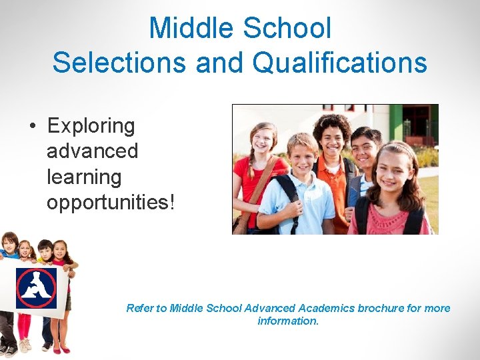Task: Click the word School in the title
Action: (287, 28)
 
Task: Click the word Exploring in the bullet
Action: (91, 125)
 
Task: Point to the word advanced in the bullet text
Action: (92, 151)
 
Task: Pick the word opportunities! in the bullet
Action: (111, 202)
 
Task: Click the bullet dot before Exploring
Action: (31, 126)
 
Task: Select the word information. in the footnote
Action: (288, 321)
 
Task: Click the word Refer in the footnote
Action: (139, 308)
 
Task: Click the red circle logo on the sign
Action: (37, 287)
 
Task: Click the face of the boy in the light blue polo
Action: (304, 155)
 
